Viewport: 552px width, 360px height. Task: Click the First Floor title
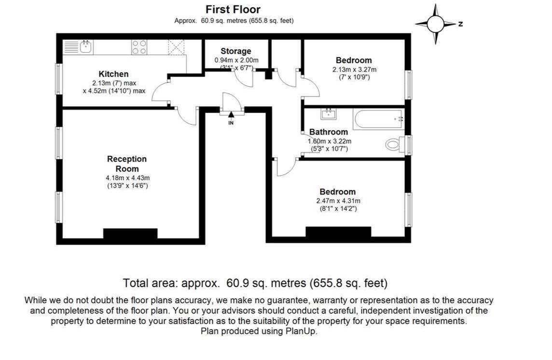click(x=233, y=9)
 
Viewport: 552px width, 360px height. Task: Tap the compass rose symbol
click(x=435, y=24)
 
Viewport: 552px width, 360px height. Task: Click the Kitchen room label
click(x=113, y=74)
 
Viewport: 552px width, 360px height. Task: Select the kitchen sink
click(x=86, y=46)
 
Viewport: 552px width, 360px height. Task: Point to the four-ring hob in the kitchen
click(x=139, y=46)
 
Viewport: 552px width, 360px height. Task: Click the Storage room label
click(x=236, y=51)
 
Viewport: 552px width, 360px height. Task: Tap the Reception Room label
click(x=127, y=164)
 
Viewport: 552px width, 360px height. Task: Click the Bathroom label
click(x=329, y=132)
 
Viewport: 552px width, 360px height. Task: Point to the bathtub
click(x=378, y=118)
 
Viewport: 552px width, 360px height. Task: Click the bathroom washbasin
click(x=329, y=114)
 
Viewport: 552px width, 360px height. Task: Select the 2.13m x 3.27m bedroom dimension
click(x=354, y=69)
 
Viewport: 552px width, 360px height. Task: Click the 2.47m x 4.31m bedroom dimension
click(x=338, y=201)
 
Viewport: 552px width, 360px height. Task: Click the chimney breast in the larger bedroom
click(x=338, y=232)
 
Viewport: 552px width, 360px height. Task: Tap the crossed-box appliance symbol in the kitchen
click(x=176, y=47)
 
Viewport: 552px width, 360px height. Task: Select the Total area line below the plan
click(x=255, y=283)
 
